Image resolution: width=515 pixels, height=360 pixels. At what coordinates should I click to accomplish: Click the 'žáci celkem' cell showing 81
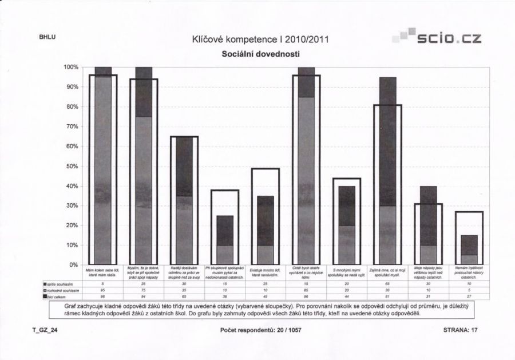click(x=387, y=296)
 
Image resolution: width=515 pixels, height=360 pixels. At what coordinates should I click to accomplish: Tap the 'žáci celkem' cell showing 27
click(x=469, y=296)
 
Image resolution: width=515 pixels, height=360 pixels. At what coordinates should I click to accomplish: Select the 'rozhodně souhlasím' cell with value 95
click(x=103, y=291)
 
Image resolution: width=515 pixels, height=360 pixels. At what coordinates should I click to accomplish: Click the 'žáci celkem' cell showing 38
click(x=225, y=296)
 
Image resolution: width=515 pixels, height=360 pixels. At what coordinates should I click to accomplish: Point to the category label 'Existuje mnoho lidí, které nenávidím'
click(x=265, y=272)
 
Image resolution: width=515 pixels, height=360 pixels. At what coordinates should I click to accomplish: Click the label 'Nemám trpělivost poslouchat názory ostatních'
click(x=469, y=272)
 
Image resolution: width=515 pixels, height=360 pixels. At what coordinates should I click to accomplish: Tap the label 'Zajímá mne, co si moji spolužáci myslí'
click(x=387, y=272)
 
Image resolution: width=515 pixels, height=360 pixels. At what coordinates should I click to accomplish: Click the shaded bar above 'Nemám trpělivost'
click(x=469, y=250)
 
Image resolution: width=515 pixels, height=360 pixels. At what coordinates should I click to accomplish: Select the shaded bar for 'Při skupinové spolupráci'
click(x=225, y=240)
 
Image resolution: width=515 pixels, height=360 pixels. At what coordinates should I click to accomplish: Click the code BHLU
click(x=47, y=38)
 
